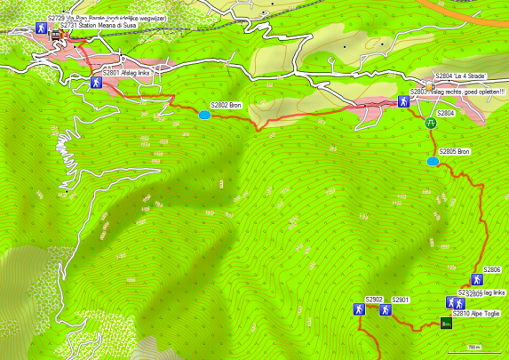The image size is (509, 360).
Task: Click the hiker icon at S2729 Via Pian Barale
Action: click(x=41, y=28)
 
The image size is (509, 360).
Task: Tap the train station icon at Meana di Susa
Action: click(x=56, y=35)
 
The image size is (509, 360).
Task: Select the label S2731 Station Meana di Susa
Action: click(x=99, y=26)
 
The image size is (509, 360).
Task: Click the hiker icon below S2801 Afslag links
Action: click(x=95, y=83)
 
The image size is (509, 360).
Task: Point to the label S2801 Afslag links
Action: click(x=130, y=72)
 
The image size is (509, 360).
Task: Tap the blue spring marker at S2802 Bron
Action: click(x=204, y=115)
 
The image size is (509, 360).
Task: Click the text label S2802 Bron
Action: click(x=226, y=105)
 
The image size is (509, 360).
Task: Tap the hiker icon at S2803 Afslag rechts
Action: click(x=403, y=101)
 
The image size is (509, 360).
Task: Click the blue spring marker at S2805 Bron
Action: click(x=432, y=162)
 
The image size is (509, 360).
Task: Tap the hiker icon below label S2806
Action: click(x=476, y=279)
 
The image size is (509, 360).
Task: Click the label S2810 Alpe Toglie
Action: click(x=476, y=314)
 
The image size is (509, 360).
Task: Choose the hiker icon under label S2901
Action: click(x=386, y=310)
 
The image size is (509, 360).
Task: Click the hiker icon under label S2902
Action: click(x=358, y=310)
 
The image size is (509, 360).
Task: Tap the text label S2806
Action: click(x=492, y=269)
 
